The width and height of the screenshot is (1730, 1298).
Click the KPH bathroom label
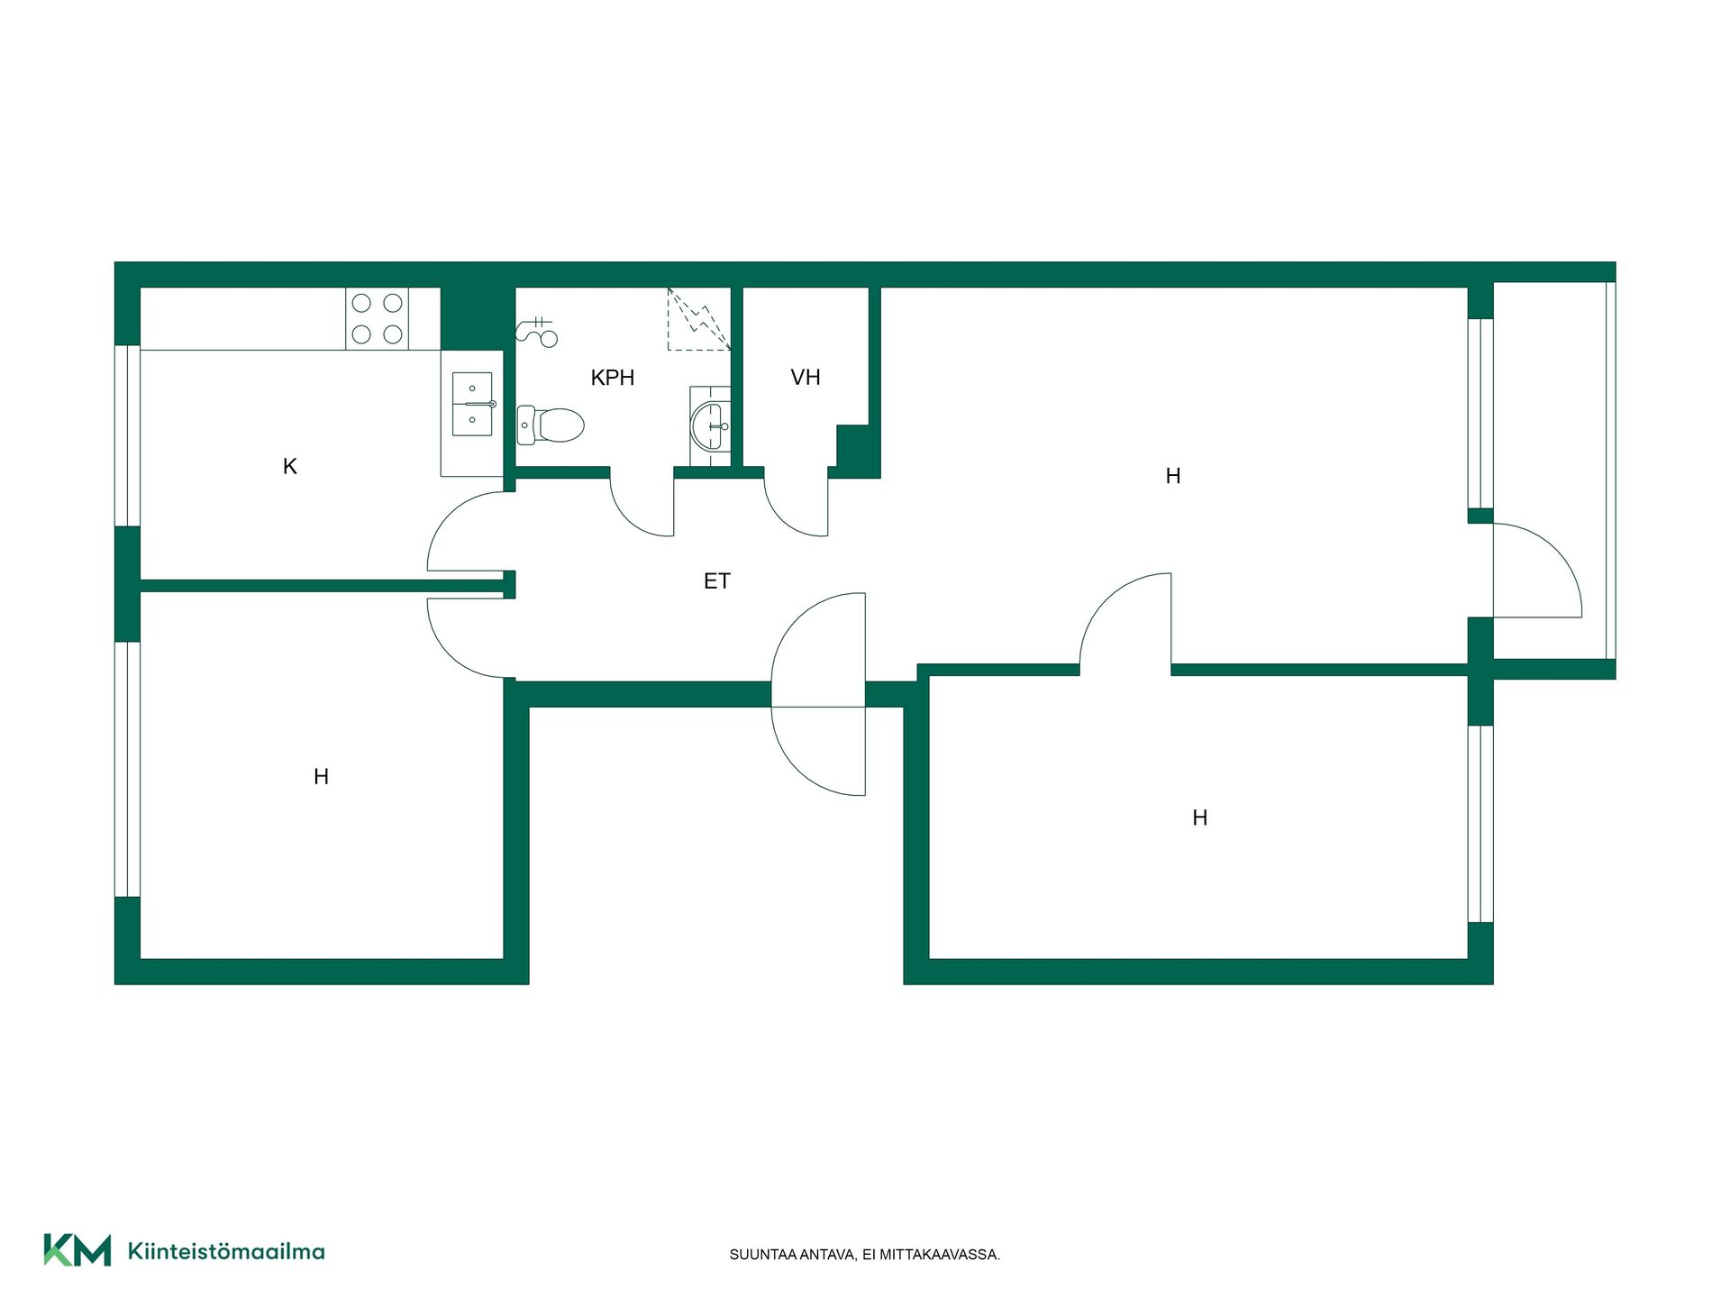tap(613, 378)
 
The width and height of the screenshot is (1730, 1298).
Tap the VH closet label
tap(806, 378)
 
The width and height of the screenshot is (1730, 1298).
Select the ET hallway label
tap(717, 581)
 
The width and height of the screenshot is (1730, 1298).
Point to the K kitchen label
tap(290, 466)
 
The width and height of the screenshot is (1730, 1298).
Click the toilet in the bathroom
tap(551, 425)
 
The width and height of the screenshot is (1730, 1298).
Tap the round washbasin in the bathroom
tap(711, 425)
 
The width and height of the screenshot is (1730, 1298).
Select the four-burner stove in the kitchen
tap(378, 319)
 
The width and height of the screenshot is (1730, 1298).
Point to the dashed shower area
tap(699, 319)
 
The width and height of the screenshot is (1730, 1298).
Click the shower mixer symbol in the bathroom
tap(537, 331)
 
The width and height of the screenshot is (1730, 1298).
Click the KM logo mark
tap(77, 1250)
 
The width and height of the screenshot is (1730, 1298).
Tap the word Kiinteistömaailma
tap(226, 1251)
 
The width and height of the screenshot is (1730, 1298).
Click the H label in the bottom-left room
tap(322, 776)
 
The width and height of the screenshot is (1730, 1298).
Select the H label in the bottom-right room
tap(1200, 818)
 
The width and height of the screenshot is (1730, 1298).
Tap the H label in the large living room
tap(1173, 476)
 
